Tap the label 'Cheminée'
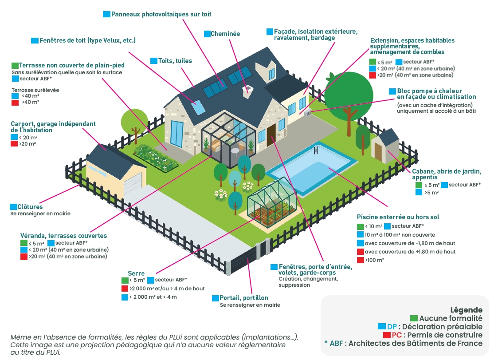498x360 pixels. click(225, 34)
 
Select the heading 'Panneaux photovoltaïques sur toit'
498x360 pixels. click(161, 14)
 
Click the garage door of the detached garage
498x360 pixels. click(133, 184)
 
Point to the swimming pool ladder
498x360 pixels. click(315, 150)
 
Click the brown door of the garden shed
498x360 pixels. click(378, 151)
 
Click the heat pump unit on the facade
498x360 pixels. click(307, 113)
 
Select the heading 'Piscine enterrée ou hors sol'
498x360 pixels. click(398, 217)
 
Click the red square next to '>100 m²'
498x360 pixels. click(360, 260)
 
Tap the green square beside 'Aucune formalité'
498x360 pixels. click(413, 318)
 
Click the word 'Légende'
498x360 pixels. click(466, 310)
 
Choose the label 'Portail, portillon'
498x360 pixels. click(243, 298)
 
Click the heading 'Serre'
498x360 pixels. click(136, 273)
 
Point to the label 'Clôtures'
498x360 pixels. click(30, 207)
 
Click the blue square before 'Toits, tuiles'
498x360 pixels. click(154, 61)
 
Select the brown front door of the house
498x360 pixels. click(271, 135)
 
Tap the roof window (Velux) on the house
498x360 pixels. click(198, 107)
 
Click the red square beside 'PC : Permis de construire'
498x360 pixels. click(387, 335)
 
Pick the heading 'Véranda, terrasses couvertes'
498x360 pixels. click(63, 236)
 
